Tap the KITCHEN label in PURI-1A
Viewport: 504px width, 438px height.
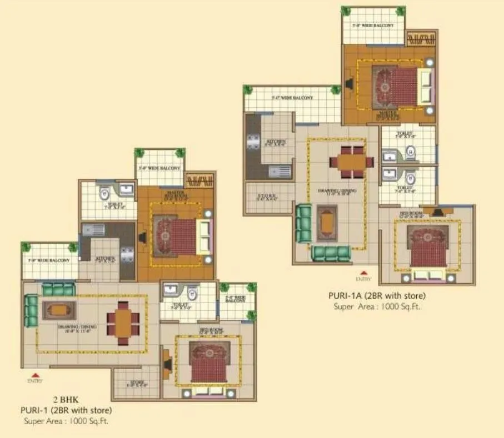(x=276, y=142)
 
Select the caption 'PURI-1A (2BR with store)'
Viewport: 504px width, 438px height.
(x=377, y=296)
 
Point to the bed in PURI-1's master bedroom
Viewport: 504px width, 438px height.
(x=183, y=236)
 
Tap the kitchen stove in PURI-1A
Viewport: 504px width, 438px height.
(x=253, y=142)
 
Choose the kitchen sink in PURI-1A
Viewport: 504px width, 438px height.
(x=280, y=171)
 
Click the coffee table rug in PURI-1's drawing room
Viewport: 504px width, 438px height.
(x=59, y=310)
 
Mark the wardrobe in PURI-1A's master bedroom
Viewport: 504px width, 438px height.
(x=421, y=39)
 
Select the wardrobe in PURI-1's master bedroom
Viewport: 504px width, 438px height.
(x=198, y=180)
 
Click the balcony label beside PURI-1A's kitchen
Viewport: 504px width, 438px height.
(x=292, y=98)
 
